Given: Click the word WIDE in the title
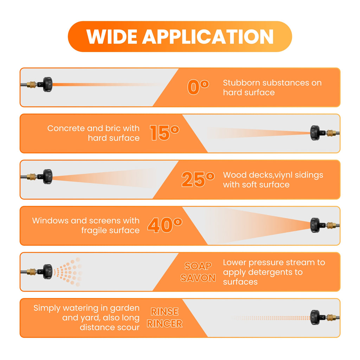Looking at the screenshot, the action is click(111, 37).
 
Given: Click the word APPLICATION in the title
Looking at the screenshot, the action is click(208, 37).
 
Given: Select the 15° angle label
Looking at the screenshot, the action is click(165, 133).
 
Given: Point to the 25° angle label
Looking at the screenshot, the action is click(198, 179).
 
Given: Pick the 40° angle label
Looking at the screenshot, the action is click(165, 225).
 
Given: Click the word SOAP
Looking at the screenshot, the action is click(198, 266).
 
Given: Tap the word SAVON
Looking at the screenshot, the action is click(198, 278).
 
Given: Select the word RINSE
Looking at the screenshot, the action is click(165, 311).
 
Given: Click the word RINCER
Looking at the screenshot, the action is click(165, 323).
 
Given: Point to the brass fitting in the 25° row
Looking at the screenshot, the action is click(31, 176).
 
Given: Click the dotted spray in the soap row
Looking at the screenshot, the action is click(68, 272).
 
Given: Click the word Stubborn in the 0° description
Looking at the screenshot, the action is click(242, 83).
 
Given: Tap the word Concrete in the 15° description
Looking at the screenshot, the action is click(66, 128).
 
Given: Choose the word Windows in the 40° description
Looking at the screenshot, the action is click(50, 220).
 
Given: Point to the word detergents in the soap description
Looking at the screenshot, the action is click(269, 272).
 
